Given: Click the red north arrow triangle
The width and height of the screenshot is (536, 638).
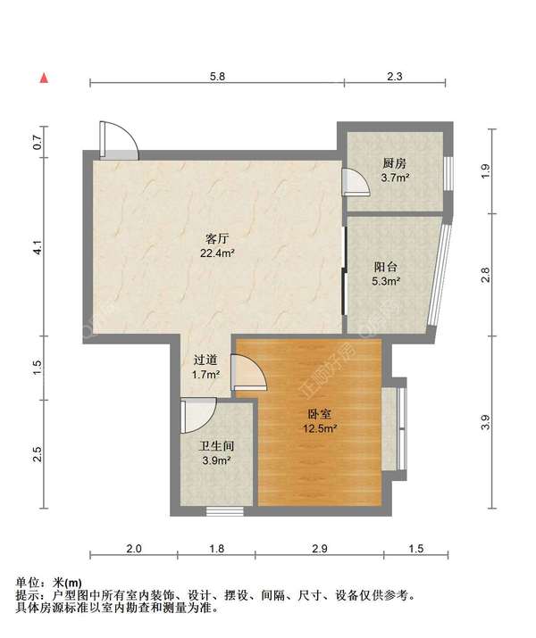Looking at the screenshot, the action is click(x=44, y=78).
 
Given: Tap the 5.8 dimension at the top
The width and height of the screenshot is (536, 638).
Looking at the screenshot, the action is click(x=217, y=77).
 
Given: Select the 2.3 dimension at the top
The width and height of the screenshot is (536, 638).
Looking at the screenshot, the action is click(x=394, y=77).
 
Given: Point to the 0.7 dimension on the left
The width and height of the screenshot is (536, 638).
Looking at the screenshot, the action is click(x=38, y=142).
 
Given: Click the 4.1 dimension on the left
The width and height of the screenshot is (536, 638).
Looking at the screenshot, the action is click(x=38, y=247).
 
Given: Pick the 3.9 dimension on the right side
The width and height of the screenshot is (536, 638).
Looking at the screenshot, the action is click(x=485, y=422).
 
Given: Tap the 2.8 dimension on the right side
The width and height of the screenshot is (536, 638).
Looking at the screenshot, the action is click(x=485, y=275).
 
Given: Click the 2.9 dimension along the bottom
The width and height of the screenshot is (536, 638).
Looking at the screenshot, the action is click(x=319, y=549).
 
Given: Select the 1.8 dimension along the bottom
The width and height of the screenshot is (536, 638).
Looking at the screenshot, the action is click(x=217, y=549).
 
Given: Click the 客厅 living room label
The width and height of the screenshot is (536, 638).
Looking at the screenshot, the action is click(x=217, y=238).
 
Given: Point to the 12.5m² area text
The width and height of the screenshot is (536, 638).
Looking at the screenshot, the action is click(x=320, y=428).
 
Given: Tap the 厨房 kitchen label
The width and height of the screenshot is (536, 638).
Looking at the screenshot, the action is click(x=394, y=163).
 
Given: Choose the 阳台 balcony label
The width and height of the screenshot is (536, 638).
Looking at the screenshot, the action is click(x=385, y=267).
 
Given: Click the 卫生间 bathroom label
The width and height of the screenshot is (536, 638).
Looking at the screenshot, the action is click(x=217, y=446).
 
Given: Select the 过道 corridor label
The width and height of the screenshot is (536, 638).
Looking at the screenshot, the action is click(x=205, y=360).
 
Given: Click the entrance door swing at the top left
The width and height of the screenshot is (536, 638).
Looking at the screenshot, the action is click(x=120, y=140).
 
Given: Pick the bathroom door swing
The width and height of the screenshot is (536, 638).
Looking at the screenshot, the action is click(x=198, y=416).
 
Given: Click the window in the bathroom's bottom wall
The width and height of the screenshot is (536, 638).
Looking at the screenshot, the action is click(x=225, y=511).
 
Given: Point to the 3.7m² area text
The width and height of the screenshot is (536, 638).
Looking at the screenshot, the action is click(x=395, y=178).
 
